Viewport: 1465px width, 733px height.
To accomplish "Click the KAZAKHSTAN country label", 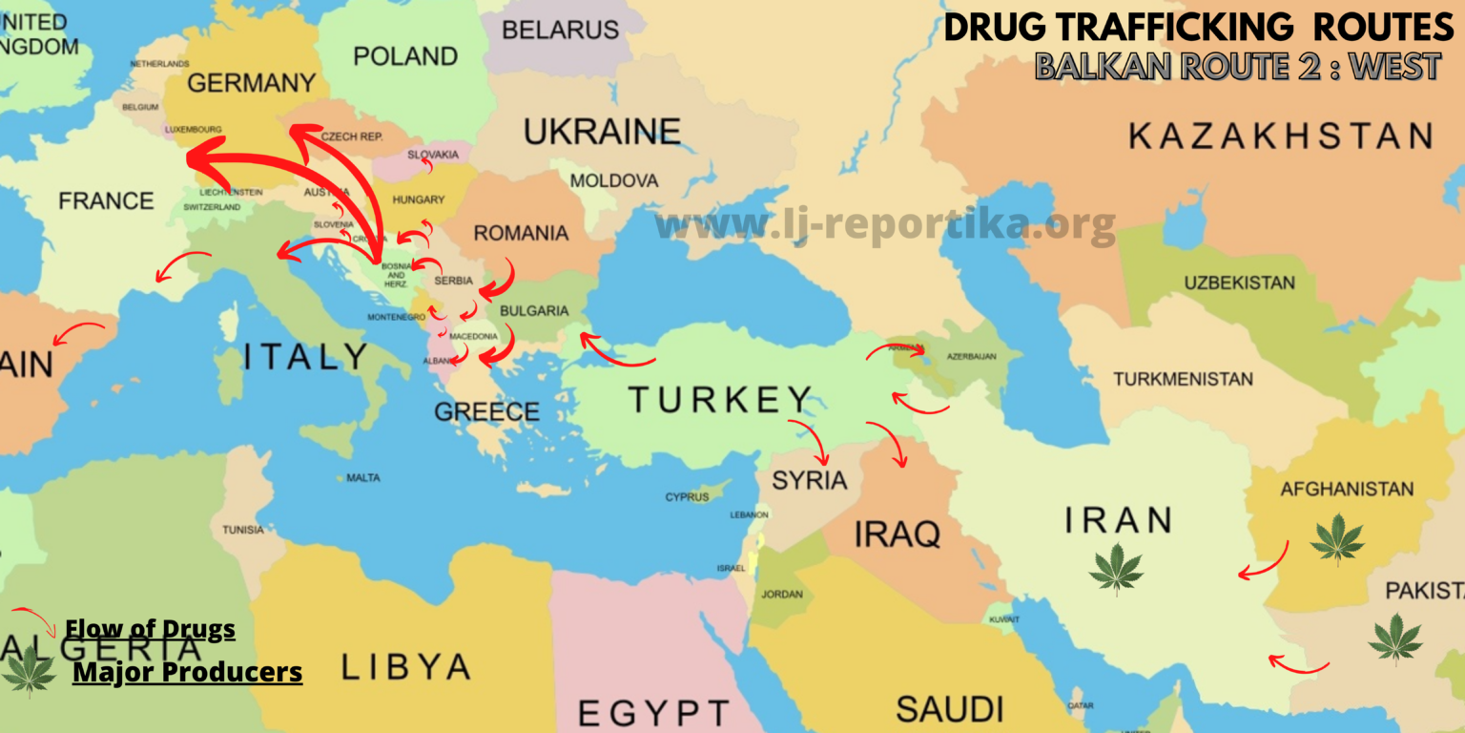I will (x=1280, y=136).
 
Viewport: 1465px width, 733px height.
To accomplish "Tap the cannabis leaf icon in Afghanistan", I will (x=1336, y=538).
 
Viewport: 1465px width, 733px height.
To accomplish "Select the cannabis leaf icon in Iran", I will (x=1116, y=569).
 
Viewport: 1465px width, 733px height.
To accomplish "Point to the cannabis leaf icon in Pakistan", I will (x=1394, y=639).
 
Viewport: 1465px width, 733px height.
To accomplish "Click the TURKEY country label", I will (x=719, y=400).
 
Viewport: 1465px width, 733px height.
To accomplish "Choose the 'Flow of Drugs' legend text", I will (x=150, y=630).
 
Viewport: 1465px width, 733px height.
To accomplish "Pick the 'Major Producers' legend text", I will (x=187, y=672).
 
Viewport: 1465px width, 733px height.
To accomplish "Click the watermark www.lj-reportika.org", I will (x=884, y=225).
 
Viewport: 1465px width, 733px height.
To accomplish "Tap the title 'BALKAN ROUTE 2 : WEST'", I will (x=1237, y=66).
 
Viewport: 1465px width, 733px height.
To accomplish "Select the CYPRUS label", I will (x=687, y=497).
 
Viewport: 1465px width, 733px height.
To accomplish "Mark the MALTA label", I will (x=362, y=477).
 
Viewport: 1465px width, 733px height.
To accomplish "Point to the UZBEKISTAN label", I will (x=1239, y=283).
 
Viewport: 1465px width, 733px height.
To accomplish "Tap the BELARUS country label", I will (x=560, y=30).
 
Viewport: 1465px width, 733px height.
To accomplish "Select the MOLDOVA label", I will (x=614, y=180).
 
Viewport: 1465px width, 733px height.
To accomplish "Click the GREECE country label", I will (x=486, y=412).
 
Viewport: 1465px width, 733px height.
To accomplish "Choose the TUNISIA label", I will (x=243, y=530).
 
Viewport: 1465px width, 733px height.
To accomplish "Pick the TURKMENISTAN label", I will (x=1183, y=379).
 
